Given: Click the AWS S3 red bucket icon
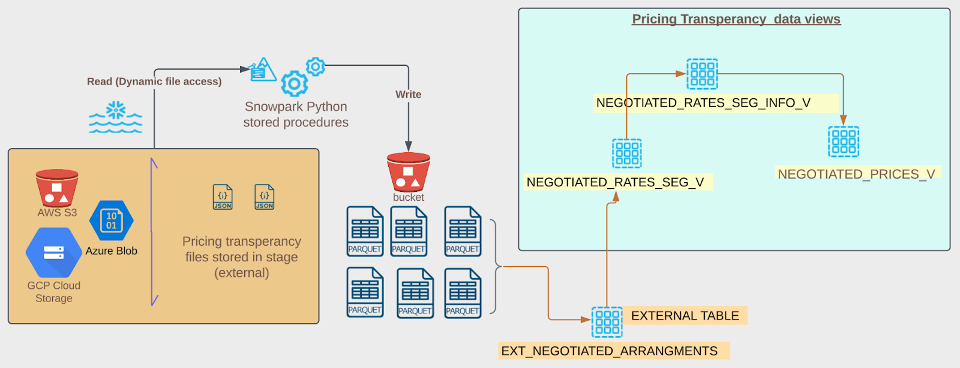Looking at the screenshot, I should tap(57, 188).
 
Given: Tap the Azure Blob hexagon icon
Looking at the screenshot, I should tap(112, 221).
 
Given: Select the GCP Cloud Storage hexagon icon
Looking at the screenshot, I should tap(53, 252).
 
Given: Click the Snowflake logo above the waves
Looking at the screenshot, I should tap(116, 110).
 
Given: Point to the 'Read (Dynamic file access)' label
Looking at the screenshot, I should tap(154, 82).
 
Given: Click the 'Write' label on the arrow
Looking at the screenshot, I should tap(408, 94).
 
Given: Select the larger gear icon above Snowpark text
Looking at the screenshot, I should tap(295, 84).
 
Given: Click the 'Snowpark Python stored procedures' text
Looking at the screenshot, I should tap(296, 114).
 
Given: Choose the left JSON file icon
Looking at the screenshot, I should tap(223, 197).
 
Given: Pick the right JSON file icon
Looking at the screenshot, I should tap(265, 197).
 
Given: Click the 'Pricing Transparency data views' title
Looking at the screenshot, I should tap(736, 19).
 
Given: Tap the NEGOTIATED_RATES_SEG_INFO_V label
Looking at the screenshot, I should tap(703, 103).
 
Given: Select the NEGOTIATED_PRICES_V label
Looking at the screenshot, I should tap(856, 174).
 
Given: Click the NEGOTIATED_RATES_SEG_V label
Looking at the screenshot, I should tap(615, 182).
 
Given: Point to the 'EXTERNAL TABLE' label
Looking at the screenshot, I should tap(685, 316).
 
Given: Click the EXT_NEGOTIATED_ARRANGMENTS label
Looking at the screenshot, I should tap(610, 351).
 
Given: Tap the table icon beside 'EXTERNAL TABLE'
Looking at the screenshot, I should tap(607, 322).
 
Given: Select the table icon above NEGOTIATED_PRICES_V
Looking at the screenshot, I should tap(844, 141).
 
